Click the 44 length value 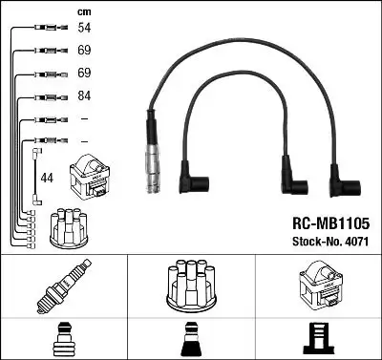click(48, 178)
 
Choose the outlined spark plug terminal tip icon click(65, 340)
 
